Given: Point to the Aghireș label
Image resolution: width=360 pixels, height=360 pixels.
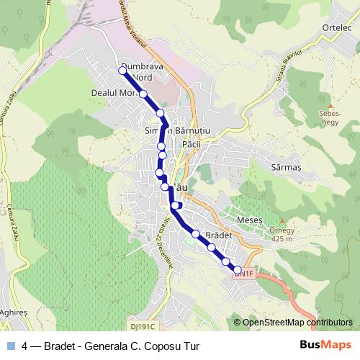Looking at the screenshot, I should [14, 313].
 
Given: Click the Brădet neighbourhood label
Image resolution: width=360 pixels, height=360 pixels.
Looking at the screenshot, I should [218, 235].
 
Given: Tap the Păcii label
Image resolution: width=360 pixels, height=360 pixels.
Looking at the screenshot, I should [192, 144].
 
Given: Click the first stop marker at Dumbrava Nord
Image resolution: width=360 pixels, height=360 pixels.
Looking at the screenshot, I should [122, 70].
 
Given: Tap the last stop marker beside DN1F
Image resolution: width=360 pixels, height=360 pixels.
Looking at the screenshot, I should [238, 271].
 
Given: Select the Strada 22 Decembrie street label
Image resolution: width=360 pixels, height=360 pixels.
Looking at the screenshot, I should [164, 246].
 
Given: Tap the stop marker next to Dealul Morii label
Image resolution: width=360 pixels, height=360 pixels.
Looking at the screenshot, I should [143, 94].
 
